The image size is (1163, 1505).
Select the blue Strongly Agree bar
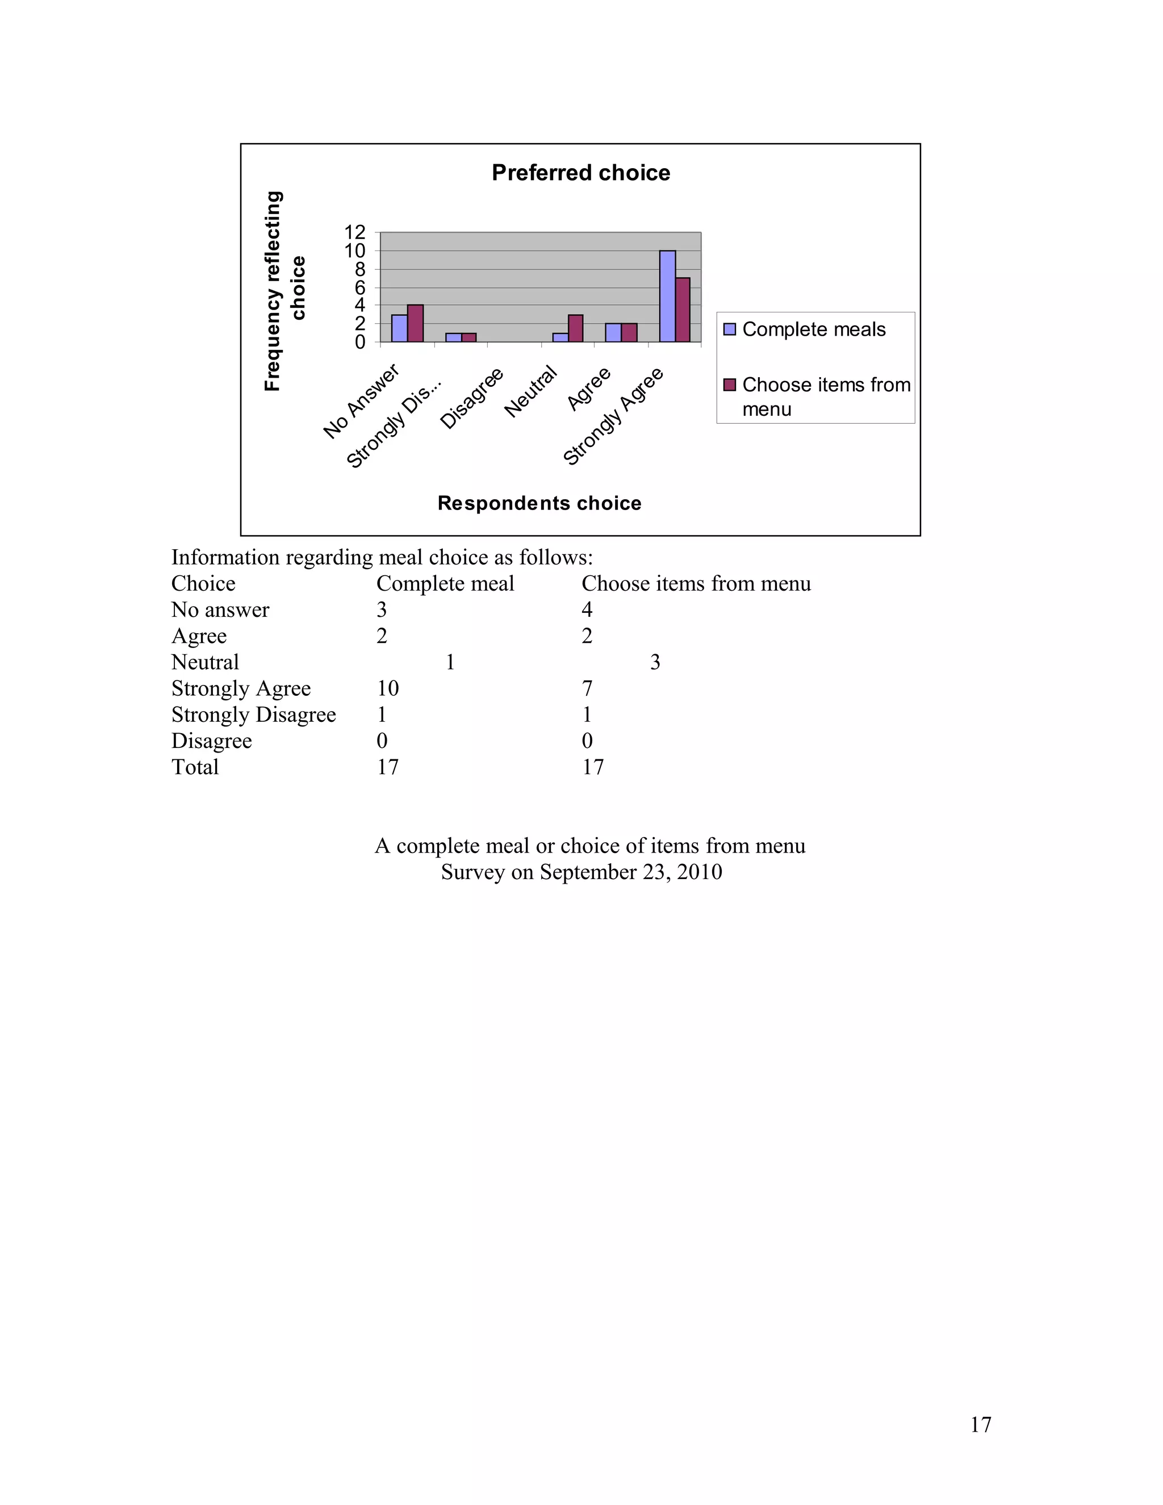click(667, 296)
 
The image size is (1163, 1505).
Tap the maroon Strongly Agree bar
click(682, 310)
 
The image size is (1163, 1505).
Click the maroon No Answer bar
click(415, 323)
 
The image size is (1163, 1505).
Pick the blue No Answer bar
click(399, 328)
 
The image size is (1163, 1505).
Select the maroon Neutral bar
click(575, 328)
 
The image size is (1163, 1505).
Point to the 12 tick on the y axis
click(355, 232)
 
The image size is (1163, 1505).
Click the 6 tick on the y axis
click(359, 287)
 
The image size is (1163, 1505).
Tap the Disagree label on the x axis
click(472, 398)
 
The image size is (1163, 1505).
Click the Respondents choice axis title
click(539, 503)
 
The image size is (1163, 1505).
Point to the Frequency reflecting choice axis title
click(283, 291)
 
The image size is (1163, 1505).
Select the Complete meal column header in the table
click(445, 584)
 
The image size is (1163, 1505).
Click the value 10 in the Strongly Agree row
click(387, 688)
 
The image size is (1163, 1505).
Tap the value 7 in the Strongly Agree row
click(587, 688)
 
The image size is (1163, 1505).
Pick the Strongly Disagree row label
click(253, 714)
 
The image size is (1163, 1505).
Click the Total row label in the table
click(195, 767)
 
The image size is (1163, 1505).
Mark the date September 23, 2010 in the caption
click(630, 872)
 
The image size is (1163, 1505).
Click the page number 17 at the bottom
click(980, 1424)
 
